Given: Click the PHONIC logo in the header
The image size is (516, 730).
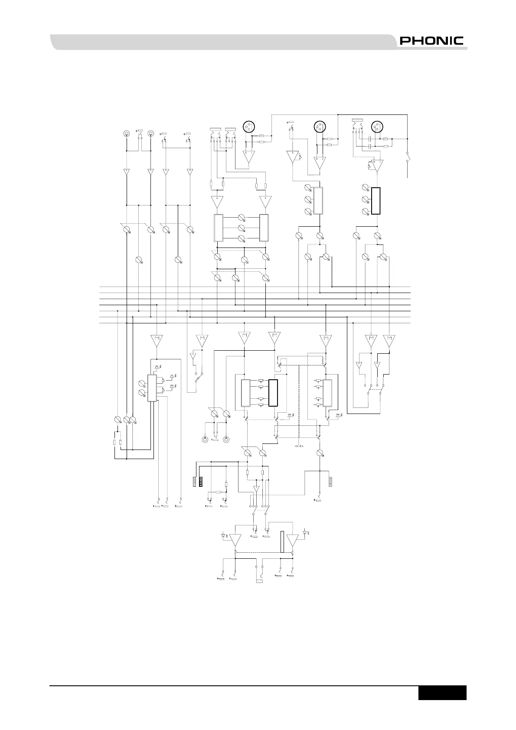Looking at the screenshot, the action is (x=431, y=41).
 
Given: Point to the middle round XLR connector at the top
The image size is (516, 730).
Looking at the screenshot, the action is (x=320, y=127).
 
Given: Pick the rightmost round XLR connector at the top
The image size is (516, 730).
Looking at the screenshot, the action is (x=377, y=127).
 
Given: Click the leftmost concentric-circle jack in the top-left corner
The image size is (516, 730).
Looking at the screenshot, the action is (x=126, y=134).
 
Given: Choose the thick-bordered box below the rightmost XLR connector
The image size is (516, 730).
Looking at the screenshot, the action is (x=376, y=201).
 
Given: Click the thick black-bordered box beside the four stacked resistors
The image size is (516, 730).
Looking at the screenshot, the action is (x=273, y=393).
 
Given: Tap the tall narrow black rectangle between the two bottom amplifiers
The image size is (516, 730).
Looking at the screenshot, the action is (x=282, y=541).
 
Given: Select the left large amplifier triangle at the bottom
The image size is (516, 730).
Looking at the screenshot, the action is (x=235, y=540).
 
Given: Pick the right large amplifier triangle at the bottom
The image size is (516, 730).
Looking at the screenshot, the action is (x=293, y=540).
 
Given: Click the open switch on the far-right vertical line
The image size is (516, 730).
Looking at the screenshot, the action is (x=407, y=157).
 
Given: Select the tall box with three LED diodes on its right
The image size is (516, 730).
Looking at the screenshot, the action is (x=152, y=388).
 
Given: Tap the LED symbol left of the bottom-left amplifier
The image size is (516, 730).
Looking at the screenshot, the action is (x=223, y=536).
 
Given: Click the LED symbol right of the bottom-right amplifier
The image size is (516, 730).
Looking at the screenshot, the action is (x=305, y=532).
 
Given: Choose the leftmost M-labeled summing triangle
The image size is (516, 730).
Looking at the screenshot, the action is (x=156, y=340).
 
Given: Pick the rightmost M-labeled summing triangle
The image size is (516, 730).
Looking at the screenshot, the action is (x=389, y=340).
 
